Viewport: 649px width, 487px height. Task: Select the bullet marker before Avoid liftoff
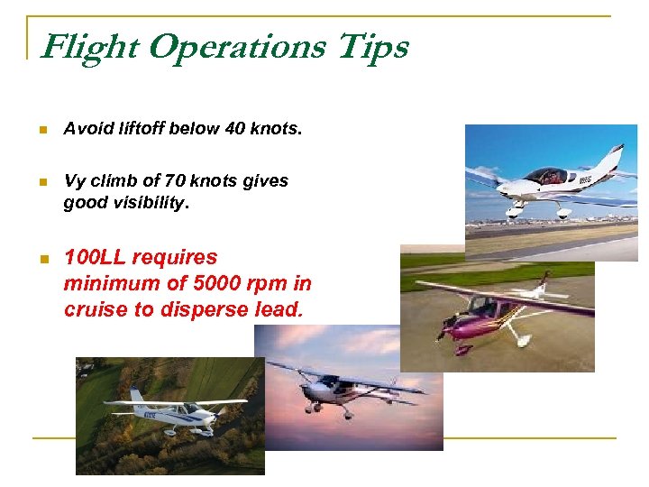(41, 130)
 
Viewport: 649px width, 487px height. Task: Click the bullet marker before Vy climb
(41, 181)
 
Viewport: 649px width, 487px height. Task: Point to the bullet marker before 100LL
(41, 259)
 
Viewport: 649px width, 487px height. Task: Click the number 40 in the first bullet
(234, 129)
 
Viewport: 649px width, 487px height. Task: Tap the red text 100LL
(95, 258)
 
